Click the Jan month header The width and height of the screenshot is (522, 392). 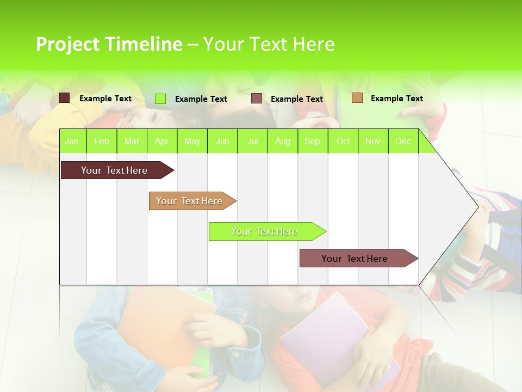pos(72,142)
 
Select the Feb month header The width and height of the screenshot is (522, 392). pos(102,142)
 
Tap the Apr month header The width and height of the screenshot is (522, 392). pos(161,142)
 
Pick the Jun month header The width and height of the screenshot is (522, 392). pos(222,142)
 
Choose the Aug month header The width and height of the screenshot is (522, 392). pos(282,142)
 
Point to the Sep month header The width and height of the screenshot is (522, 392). pos(312,142)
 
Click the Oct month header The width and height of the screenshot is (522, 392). pos(343,142)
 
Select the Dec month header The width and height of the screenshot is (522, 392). pos(403,142)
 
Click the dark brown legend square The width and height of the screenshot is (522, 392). pos(65,98)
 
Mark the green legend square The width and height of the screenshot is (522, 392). pos(160,99)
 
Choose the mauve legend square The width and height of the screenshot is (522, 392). pos(257,99)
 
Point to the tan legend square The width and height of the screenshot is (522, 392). pos(357,98)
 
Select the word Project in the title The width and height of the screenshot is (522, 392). pos(67,44)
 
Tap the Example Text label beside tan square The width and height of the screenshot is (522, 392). pos(396,99)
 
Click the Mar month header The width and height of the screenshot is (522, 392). pos(132,142)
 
